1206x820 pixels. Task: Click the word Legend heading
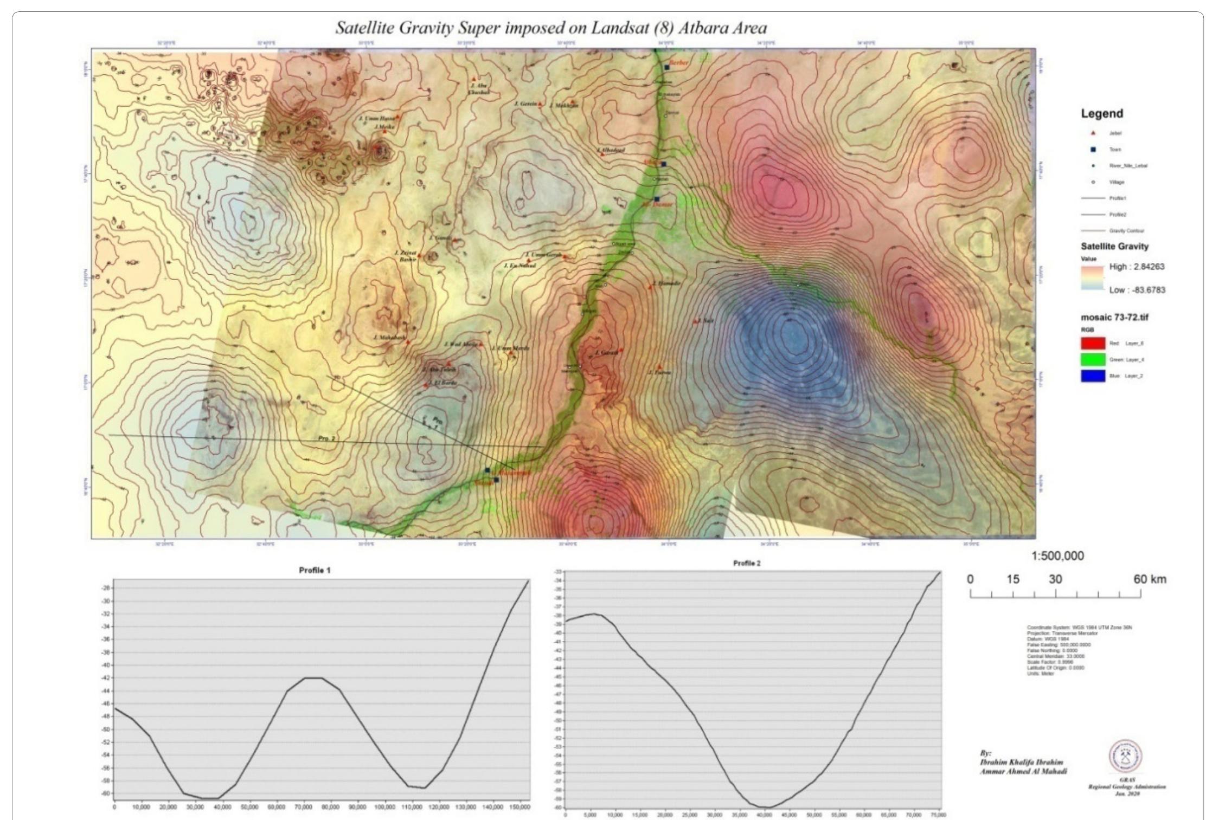click(x=1101, y=114)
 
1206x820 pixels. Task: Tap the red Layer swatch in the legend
click(x=1093, y=343)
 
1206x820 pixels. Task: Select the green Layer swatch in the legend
click(x=1093, y=359)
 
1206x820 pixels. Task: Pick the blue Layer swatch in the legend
click(x=1093, y=376)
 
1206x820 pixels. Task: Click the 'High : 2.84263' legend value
click(x=1137, y=267)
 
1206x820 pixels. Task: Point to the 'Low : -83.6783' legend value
click(x=1137, y=290)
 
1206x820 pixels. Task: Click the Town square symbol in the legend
click(x=1093, y=150)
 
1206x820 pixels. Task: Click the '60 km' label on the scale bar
click(x=1149, y=579)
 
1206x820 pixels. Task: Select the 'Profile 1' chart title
click(x=315, y=570)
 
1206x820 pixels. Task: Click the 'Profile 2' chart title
click(x=747, y=563)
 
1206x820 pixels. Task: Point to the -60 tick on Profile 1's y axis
click(x=105, y=793)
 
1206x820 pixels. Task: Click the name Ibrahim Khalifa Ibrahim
click(x=1021, y=762)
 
